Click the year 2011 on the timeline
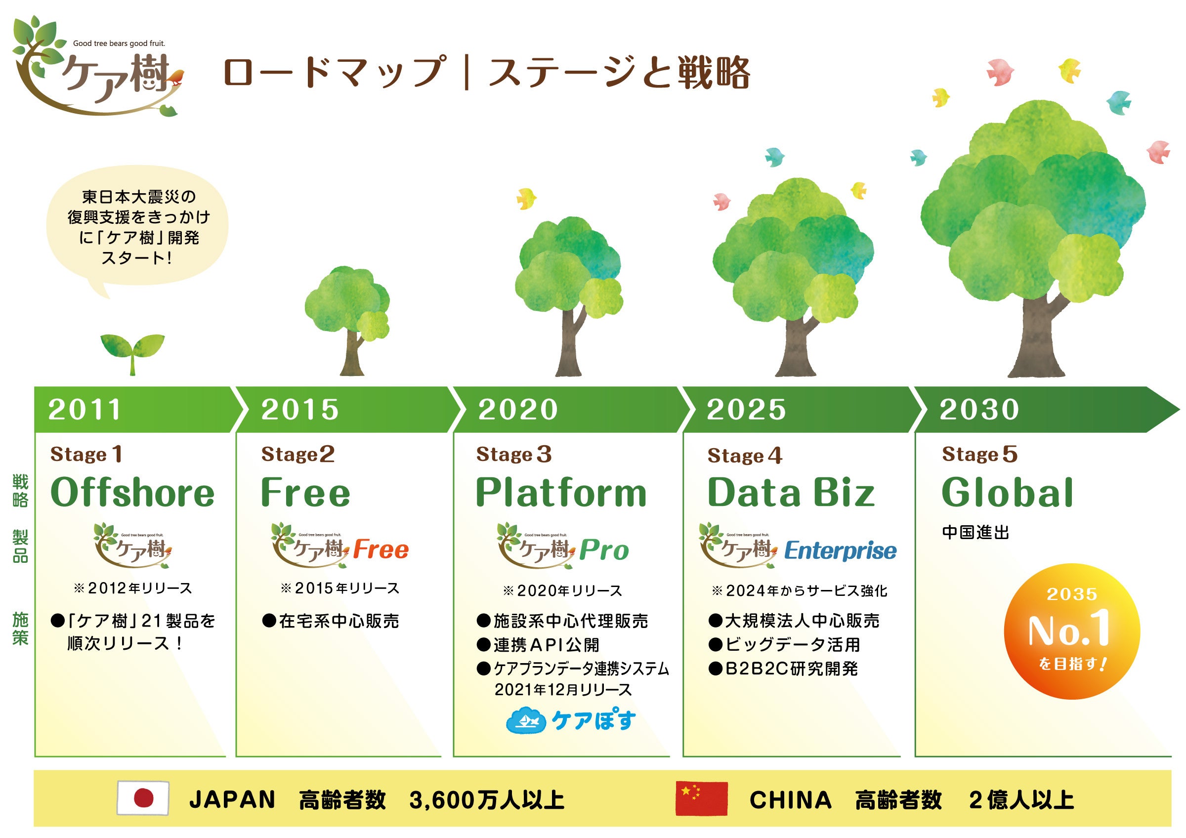[x=85, y=410]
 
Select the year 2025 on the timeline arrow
[x=746, y=410]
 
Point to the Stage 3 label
[x=514, y=455]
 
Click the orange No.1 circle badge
[x=1072, y=631]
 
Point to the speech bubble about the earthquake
[x=137, y=227]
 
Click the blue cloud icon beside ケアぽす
[x=526, y=720]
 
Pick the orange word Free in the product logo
[x=381, y=549]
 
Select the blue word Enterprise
[x=841, y=551]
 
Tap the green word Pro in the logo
[x=604, y=550]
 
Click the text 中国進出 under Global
[x=975, y=532]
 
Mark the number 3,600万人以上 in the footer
[x=487, y=800]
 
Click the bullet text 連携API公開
[x=546, y=645]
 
